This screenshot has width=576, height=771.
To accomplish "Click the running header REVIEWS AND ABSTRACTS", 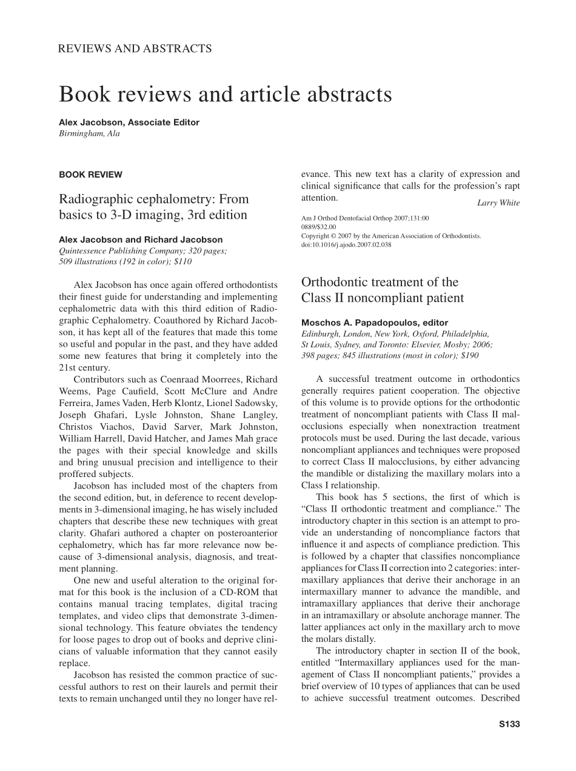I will [x=135, y=48].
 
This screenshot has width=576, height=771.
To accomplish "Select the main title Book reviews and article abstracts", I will [x=225, y=95].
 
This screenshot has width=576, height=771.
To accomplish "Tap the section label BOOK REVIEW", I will [x=90, y=175].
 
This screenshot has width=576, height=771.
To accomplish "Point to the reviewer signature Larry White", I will [x=498, y=203].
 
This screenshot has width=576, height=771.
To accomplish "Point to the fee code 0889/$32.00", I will [x=318, y=227].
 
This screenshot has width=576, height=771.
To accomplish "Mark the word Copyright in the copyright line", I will [x=316, y=236].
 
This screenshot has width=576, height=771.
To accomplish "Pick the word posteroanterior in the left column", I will [x=243, y=533].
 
